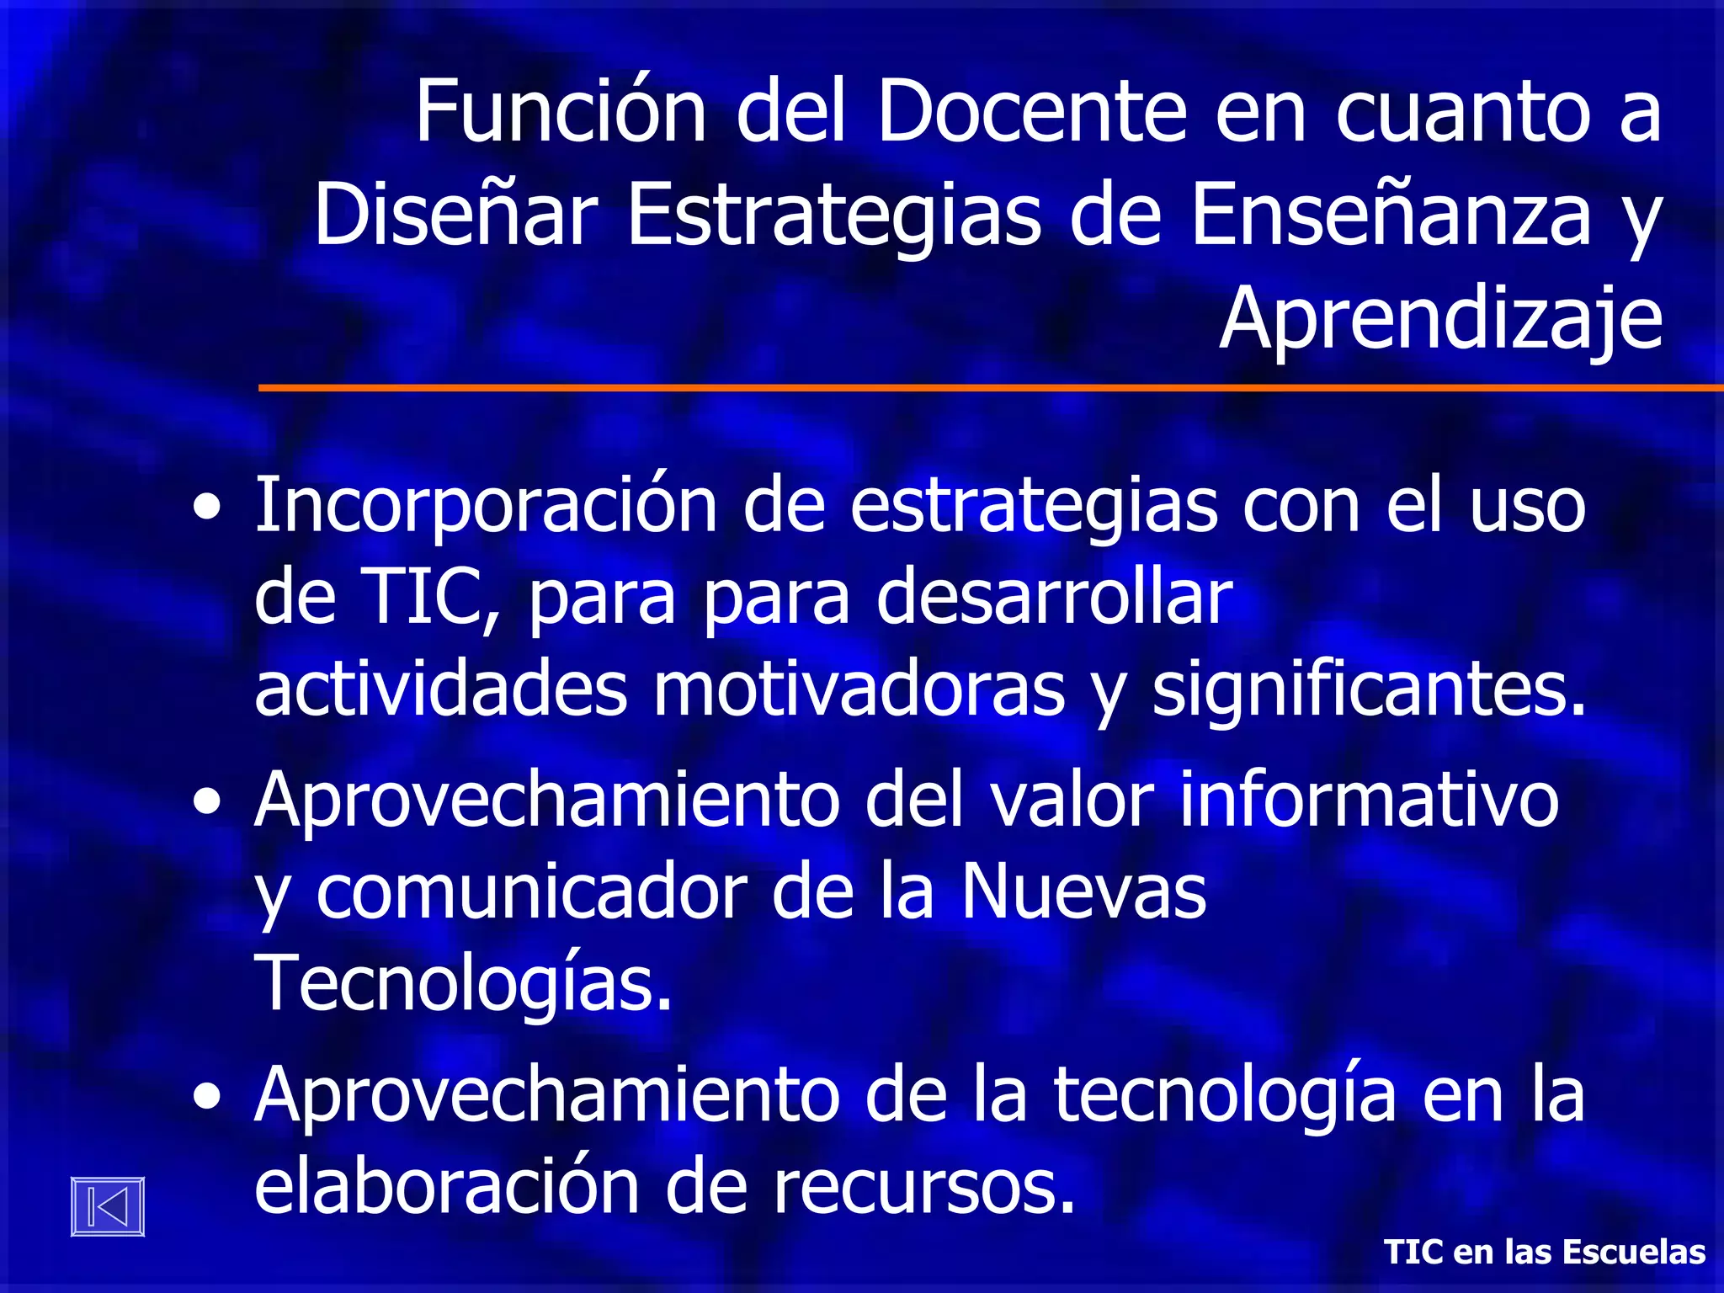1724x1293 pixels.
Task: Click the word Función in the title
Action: pos(561,111)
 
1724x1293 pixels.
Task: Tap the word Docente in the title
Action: pos(1030,111)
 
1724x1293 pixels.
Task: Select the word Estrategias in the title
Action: pos(834,215)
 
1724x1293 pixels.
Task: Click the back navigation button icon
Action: pos(108,1205)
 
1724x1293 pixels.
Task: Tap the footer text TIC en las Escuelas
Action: pos(1545,1252)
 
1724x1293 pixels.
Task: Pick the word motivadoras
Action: pos(859,690)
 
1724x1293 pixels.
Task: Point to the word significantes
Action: pos(1368,690)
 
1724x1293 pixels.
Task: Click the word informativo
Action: pos(1369,800)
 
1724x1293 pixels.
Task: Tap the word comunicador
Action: pos(531,892)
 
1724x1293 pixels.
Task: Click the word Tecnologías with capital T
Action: pos(462,983)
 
